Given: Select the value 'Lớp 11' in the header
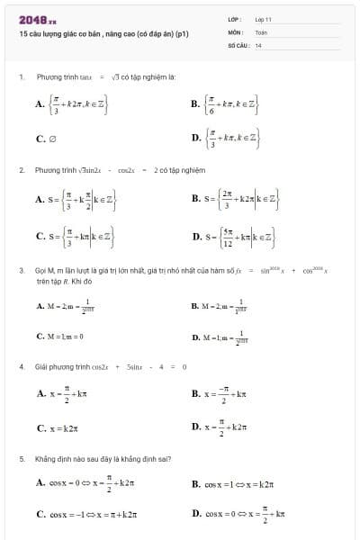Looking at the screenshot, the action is click(x=264, y=18).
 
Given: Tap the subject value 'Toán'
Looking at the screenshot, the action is click(x=262, y=31).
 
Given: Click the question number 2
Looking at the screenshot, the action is click(x=21, y=169).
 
